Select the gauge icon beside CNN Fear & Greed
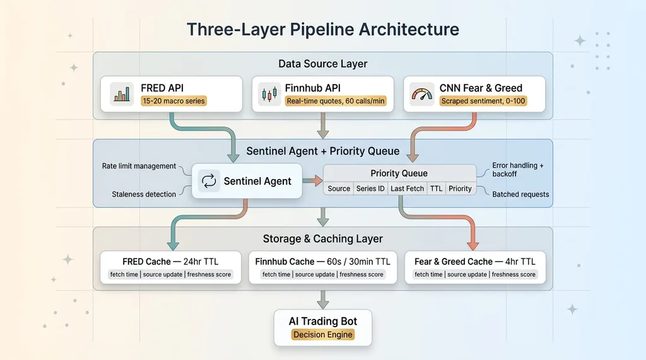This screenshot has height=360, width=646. (421, 94)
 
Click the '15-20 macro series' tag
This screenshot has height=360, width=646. (174, 101)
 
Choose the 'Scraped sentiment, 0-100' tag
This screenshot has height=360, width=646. (483, 101)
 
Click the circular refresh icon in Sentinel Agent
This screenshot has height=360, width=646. (208, 182)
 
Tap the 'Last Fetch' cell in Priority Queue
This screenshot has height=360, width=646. (407, 189)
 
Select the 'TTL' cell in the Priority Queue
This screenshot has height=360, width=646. (436, 189)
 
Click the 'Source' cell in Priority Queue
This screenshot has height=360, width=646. (339, 189)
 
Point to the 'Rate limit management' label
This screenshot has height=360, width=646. (139, 166)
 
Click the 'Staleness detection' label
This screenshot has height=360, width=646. (144, 194)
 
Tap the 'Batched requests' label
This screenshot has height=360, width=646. (520, 194)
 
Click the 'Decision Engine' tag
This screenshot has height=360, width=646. (323, 335)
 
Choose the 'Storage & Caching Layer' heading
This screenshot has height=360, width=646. (323, 239)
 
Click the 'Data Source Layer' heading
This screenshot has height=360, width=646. (323, 64)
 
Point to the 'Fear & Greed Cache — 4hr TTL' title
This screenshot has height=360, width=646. (475, 262)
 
